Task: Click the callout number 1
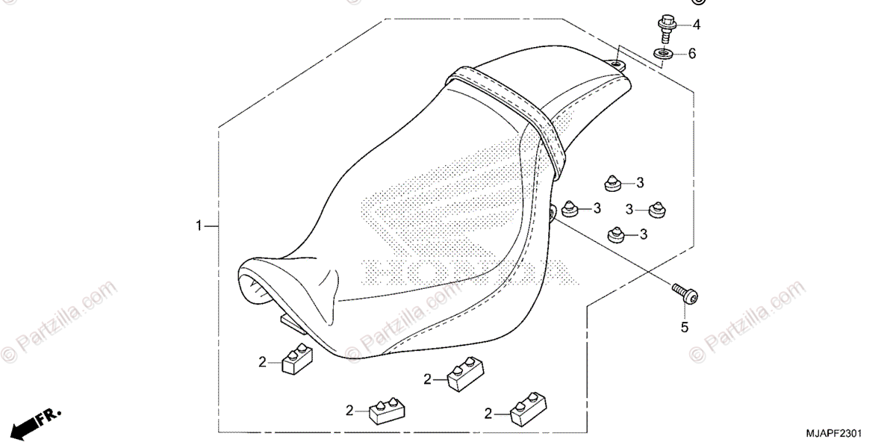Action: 199,225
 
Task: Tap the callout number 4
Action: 696,25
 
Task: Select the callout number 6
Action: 691,54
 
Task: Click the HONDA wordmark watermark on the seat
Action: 463,273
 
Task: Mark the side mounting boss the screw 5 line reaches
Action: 556,214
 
